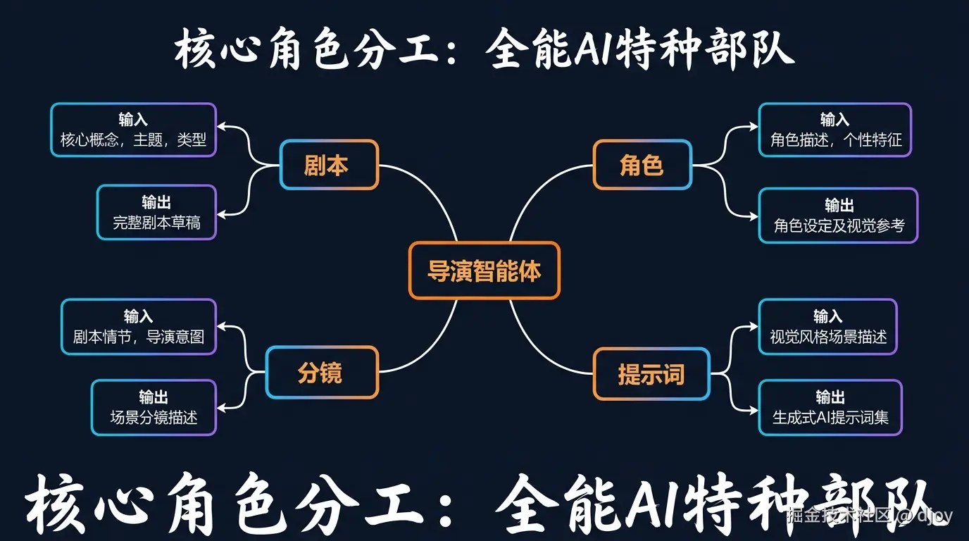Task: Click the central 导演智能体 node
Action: (x=484, y=270)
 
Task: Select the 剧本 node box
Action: (x=329, y=165)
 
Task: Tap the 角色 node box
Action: (x=642, y=165)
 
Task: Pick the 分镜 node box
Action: (x=322, y=373)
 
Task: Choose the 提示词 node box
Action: (x=651, y=374)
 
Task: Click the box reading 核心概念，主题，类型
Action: (x=133, y=130)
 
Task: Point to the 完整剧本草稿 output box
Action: (x=156, y=213)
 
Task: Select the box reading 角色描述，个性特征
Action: (x=834, y=130)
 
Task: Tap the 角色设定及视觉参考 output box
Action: (x=838, y=216)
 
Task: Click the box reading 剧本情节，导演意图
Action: (x=138, y=327)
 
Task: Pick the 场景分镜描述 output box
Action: (x=154, y=408)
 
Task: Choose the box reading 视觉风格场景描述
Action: (x=827, y=327)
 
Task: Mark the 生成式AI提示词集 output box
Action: (x=830, y=408)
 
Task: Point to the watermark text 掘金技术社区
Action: (x=841, y=516)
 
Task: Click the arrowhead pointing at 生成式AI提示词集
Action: (x=754, y=408)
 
